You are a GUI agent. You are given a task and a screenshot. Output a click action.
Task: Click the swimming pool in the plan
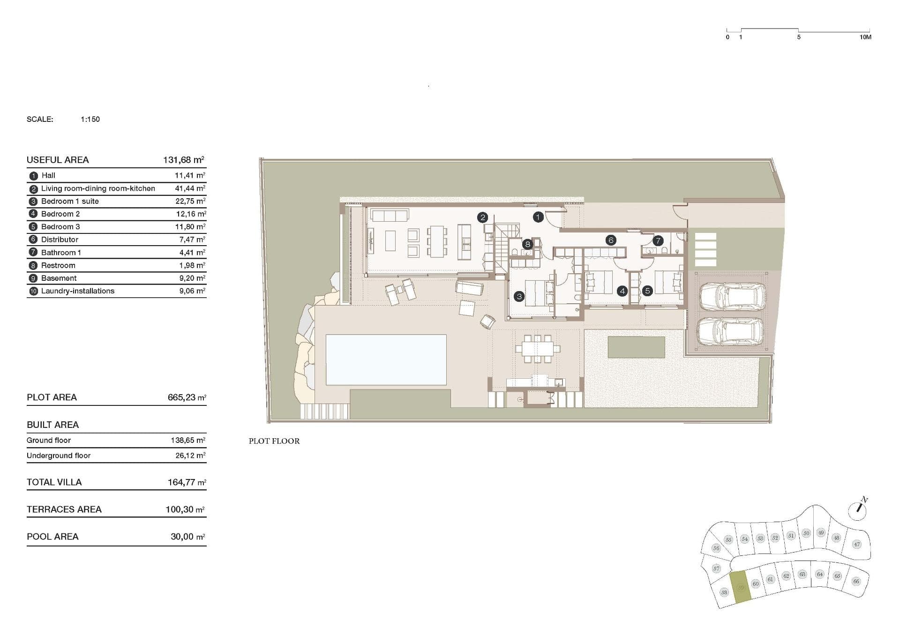(x=386, y=359)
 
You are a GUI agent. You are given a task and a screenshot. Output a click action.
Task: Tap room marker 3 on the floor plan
(x=519, y=296)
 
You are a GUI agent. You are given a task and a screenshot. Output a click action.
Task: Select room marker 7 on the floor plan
(x=658, y=240)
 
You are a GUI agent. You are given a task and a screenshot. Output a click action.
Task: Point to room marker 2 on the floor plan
(x=482, y=217)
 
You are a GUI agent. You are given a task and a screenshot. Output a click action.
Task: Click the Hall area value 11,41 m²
(x=190, y=175)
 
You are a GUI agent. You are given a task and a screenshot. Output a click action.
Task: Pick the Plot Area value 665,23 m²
(x=187, y=397)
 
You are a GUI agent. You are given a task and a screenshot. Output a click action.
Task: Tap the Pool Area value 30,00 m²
(x=187, y=536)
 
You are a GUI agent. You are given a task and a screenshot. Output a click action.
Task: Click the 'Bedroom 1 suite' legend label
(x=70, y=201)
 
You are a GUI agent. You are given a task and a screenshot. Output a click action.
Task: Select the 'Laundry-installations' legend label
(x=78, y=291)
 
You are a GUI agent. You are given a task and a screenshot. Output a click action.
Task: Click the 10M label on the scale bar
(x=865, y=37)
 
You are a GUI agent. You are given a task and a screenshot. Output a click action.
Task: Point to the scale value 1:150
(x=90, y=119)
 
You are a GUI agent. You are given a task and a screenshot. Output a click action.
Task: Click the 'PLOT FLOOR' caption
(x=274, y=441)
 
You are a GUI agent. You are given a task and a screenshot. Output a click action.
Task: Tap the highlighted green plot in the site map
(x=741, y=587)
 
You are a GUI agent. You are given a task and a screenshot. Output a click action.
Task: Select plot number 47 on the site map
(x=857, y=544)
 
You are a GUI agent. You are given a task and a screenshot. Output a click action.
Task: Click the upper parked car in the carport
(x=732, y=296)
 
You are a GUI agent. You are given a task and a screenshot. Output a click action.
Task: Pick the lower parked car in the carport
(x=730, y=332)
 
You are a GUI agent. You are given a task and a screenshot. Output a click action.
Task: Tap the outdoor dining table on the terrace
(x=538, y=348)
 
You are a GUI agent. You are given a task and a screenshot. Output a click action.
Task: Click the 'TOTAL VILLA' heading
(x=54, y=482)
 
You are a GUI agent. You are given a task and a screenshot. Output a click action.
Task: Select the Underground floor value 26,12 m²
(x=190, y=455)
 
